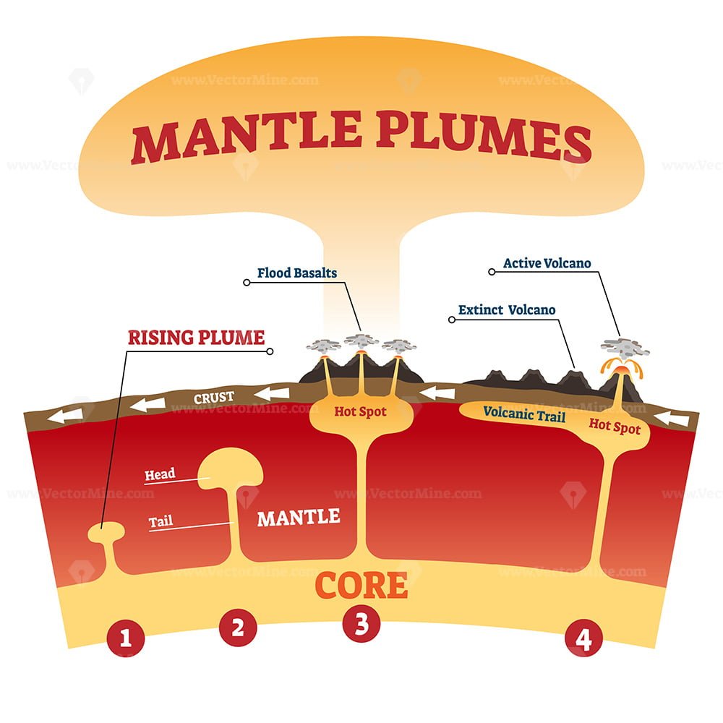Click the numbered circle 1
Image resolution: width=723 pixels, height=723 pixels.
[125, 638]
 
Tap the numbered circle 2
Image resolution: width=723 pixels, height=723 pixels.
[238, 628]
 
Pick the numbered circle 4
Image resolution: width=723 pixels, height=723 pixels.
[583, 638]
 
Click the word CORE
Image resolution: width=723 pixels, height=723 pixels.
[361, 586]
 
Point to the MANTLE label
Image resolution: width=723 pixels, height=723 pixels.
[299, 518]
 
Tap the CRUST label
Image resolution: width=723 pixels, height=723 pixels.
[214, 398]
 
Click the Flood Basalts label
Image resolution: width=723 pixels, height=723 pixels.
[297, 273]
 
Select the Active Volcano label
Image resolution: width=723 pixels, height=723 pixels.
[547, 263]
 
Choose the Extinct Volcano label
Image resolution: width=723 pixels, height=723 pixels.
[507, 310]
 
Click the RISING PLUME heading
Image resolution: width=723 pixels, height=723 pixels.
[197, 338]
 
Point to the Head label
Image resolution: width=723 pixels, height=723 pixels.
[160, 474]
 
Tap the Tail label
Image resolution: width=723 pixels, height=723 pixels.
[161, 521]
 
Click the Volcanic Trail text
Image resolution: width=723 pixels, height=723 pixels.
[524, 414]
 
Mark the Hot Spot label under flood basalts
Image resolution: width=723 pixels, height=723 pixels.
[360, 411]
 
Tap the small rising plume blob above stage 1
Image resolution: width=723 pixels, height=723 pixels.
[106, 532]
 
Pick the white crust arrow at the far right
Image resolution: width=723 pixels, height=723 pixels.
[672, 418]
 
